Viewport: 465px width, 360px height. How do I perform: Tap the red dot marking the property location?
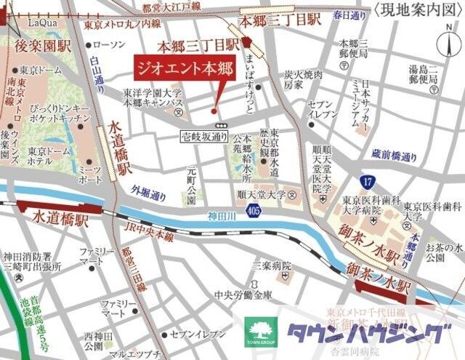point(213,111)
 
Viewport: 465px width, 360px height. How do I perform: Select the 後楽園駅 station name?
point(41,46)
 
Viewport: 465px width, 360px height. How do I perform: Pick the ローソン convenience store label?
point(110,44)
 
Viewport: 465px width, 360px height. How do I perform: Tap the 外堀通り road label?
point(148,196)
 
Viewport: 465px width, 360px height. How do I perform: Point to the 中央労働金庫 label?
point(243,295)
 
